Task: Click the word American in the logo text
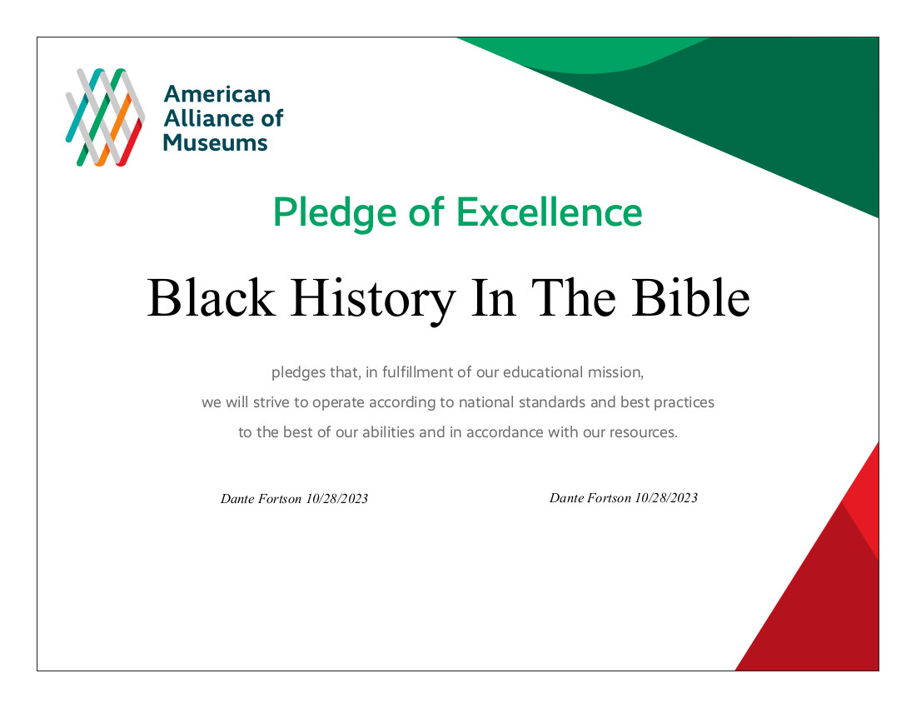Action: (x=217, y=94)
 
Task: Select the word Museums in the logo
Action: (x=215, y=142)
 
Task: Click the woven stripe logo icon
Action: (x=105, y=117)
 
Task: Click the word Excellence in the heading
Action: (x=550, y=213)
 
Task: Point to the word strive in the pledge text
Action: (x=266, y=402)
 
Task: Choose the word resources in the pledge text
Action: (x=643, y=433)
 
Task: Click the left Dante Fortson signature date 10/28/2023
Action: (x=337, y=499)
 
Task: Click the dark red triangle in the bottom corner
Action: (x=820, y=608)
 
